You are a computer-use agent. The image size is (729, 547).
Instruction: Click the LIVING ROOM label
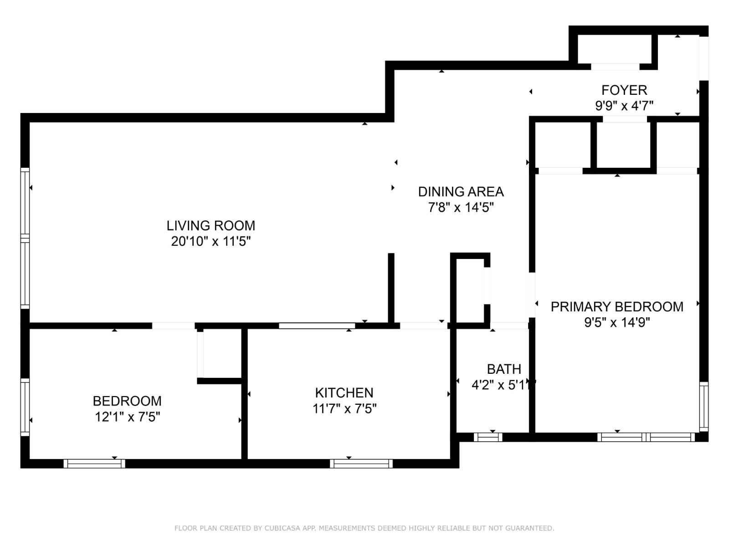(x=210, y=226)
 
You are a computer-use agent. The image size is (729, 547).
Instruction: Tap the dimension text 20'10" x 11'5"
(x=210, y=241)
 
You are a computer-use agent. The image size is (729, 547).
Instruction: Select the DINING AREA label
(x=461, y=191)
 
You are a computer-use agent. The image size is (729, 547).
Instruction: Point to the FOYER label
(x=624, y=90)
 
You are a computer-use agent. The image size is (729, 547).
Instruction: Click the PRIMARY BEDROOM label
(x=616, y=307)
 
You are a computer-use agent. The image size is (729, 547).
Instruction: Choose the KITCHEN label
(x=344, y=393)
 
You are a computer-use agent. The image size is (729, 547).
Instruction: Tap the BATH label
(x=503, y=369)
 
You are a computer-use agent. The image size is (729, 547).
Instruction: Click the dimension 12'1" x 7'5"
(x=127, y=417)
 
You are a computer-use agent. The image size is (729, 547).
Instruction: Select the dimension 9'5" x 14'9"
(x=616, y=323)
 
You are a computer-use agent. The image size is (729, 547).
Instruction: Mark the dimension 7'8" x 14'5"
(x=461, y=207)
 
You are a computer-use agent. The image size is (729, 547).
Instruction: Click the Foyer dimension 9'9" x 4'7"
(x=624, y=106)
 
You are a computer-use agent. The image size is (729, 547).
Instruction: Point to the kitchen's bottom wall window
(x=361, y=464)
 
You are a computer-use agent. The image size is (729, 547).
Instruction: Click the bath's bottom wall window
(x=488, y=437)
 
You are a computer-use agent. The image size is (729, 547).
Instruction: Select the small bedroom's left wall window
(x=25, y=407)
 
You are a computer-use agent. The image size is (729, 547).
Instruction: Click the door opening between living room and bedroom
(x=173, y=326)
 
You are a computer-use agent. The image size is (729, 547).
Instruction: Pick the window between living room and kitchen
(x=317, y=326)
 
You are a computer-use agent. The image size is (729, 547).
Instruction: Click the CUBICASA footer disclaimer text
(x=364, y=528)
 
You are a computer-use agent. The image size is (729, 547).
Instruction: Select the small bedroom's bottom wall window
(x=94, y=464)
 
